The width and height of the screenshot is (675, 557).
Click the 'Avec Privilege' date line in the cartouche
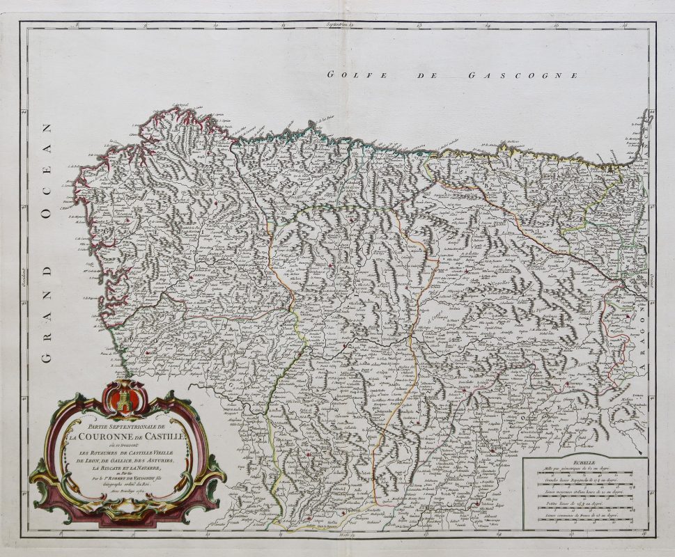pos(125,495)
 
